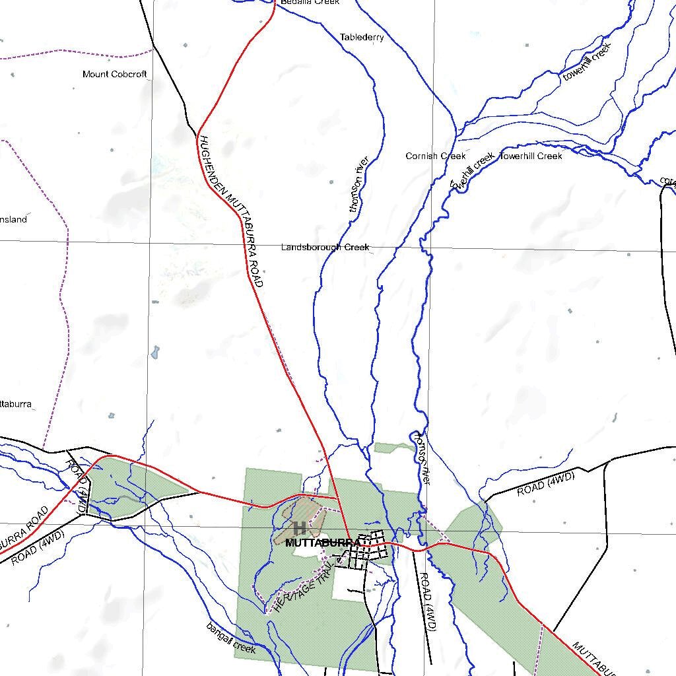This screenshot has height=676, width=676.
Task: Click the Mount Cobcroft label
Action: pos(114,74)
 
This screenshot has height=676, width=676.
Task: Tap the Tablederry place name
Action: pos(362,38)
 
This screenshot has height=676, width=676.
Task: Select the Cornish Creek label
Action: pos(435,156)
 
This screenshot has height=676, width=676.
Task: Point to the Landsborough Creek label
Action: pos(325,248)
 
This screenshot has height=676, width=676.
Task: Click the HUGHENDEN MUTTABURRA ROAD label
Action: pos(231,211)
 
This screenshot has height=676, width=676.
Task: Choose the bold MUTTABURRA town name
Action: pos(321,543)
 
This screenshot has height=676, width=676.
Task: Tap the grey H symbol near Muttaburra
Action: pos(299,527)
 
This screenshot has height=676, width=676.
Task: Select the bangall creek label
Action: pos(230,638)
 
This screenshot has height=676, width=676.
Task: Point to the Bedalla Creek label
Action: pos(309,3)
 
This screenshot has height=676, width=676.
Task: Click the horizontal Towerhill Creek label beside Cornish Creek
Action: pos(531,156)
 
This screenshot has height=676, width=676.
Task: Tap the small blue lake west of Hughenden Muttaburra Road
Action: pos(155,352)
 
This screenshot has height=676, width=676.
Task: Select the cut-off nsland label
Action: pos(13,219)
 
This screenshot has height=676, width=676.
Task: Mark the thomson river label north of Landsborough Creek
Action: pos(357,184)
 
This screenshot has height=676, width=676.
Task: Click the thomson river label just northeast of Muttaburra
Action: pos(421,459)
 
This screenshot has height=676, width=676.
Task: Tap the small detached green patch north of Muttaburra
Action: pos(394,448)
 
